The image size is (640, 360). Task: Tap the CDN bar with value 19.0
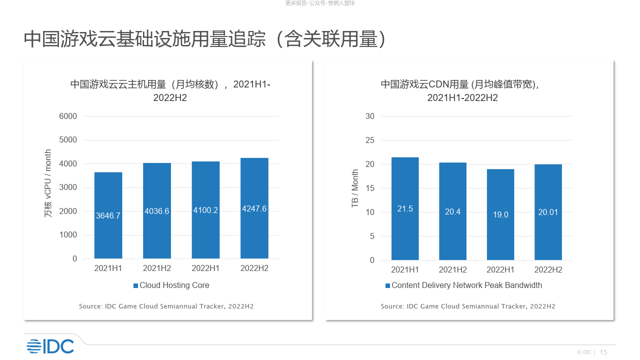click(x=500, y=214)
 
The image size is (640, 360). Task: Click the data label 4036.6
click(x=157, y=211)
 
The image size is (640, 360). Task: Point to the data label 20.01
click(x=548, y=212)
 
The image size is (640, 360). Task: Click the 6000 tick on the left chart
click(x=68, y=116)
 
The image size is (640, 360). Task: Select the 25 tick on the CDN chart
click(x=384, y=140)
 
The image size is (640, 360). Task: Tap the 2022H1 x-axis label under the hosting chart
click(x=205, y=268)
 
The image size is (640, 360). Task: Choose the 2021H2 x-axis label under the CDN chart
click(x=453, y=270)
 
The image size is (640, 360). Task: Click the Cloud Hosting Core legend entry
click(x=171, y=285)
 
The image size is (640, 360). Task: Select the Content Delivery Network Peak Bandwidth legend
click(x=463, y=285)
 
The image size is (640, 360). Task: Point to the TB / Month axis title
click(x=355, y=188)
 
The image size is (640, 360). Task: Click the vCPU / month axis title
click(x=48, y=183)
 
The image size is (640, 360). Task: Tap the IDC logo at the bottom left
click(x=50, y=346)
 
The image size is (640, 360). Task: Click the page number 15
click(x=603, y=352)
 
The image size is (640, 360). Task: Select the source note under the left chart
click(x=166, y=306)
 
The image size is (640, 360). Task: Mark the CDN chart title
click(x=462, y=90)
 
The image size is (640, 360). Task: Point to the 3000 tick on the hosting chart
click(x=68, y=187)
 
